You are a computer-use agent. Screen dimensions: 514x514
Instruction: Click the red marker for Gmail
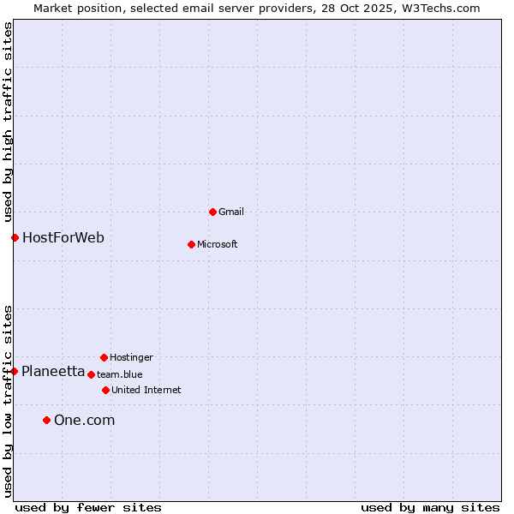coord(212,212)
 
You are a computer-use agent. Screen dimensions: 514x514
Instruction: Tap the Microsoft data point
coord(191,244)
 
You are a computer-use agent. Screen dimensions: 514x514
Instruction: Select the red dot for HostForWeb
coord(15,237)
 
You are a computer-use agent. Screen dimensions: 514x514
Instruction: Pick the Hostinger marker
coord(104,357)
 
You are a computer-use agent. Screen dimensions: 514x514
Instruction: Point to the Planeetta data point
coord(14,371)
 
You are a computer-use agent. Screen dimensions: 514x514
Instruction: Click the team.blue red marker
coord(91,374)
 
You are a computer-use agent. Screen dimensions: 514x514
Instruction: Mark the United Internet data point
coord(105,390)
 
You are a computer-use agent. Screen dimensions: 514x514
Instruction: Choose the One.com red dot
coord(46,420)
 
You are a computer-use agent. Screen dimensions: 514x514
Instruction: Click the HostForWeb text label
coord(63,237)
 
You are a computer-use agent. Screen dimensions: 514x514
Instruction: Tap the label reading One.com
coord(84,420)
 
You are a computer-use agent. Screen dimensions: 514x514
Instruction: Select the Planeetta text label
coord(53,371)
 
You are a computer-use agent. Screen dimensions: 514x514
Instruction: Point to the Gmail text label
coord(231,212)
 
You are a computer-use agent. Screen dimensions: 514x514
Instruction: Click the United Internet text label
coord(146,390)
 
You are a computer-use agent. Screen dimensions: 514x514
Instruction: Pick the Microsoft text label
coord(218,244)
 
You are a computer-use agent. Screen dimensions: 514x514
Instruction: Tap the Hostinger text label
coord(131,357)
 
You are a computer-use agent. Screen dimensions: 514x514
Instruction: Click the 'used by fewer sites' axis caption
coord(88,507)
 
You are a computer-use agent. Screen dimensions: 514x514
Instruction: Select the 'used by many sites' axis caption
coord(430,507)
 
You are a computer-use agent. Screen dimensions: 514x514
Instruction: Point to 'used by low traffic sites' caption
coord(8,401)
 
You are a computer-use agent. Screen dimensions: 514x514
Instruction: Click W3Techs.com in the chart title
coord(439,8)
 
